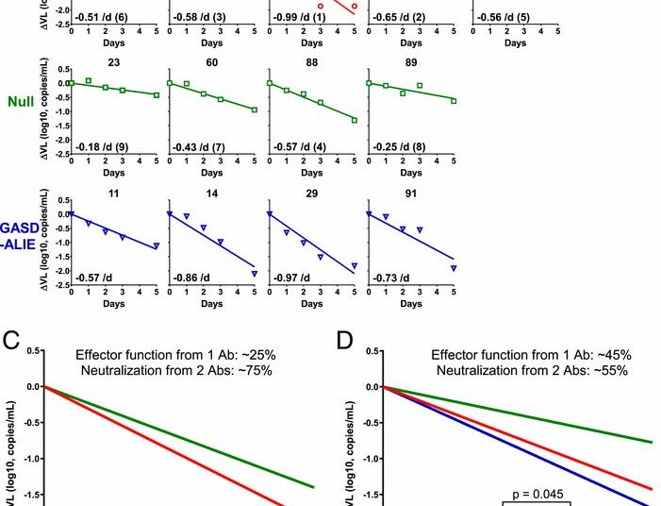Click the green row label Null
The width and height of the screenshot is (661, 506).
point(22,101)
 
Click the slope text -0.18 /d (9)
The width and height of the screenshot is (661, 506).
point(98,147)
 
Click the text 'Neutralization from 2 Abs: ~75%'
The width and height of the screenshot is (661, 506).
point(176,371)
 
